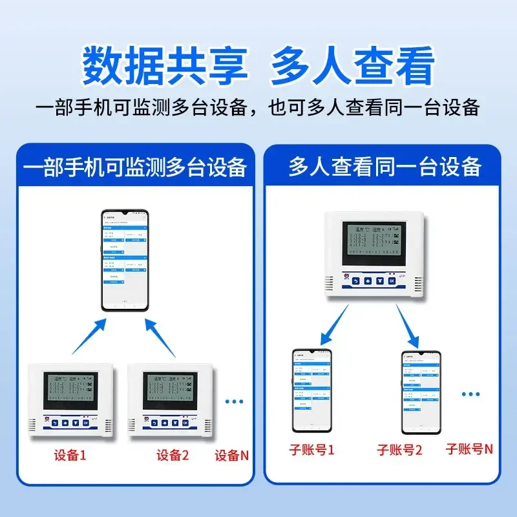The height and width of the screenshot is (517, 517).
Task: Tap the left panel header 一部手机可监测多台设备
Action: point(135,167)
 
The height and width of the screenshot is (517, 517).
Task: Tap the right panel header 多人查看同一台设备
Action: point(385,167)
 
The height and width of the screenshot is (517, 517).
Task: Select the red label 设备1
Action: point(70,455)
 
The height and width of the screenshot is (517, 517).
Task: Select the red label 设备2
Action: point(173,455)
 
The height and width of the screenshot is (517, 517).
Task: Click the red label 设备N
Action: point(231,455)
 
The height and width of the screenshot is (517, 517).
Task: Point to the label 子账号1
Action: point(311,450)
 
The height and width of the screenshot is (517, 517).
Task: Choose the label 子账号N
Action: point(470,448)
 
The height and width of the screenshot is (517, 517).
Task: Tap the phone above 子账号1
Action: point(311,391)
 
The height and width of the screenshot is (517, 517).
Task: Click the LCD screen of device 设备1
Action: point(70,390)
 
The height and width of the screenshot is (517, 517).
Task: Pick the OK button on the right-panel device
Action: point(392,281)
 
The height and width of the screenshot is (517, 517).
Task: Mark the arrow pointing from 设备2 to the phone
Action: point(160,337)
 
